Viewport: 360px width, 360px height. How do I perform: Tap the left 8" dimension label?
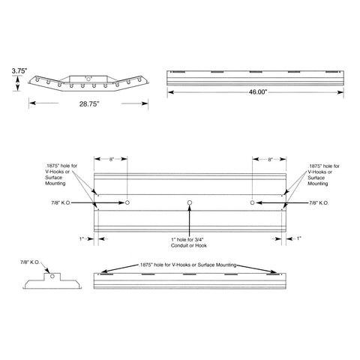pyautogui.click(x=111, y=159)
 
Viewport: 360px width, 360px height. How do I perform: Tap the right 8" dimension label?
pyautogui.click(x=268, y=159)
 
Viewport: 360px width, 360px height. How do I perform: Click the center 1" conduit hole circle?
pyautogui.click(x=190, y=202)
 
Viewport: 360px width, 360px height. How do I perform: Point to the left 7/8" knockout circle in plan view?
pyautogui.click(x=129, y=202)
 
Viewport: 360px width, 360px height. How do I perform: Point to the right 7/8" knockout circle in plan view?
pyautogui.click(x=252, y=202)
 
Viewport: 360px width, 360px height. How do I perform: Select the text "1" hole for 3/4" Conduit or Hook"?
pyautogui.click(x=190, y=242)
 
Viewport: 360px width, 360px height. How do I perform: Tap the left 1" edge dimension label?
pyautogui.click(x=82, y=238)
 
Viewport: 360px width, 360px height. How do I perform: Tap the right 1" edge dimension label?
pyautogui.click(x=298, y=238)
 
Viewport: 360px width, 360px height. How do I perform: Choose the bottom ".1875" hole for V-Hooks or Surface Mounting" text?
pyautogui.click(x=188, y=265)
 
